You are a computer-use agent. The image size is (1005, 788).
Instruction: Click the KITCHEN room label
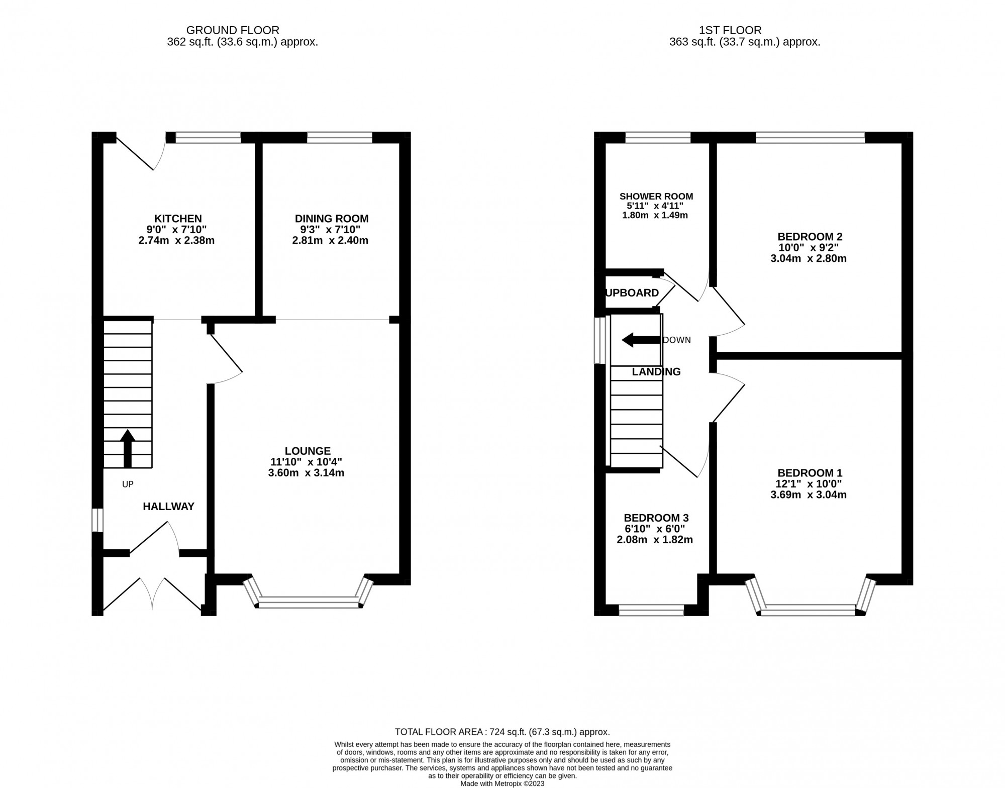[x=178, y=219]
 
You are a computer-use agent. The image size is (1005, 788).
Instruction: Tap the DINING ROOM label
[x=331, y=219]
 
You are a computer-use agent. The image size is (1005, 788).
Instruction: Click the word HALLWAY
[x=168, y=507]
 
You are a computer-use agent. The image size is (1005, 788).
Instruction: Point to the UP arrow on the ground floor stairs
[x=128, y=448]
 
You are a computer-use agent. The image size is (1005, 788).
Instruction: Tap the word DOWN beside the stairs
[x=677, y=340]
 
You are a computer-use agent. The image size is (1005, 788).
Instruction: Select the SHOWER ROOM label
[x=656, y=196]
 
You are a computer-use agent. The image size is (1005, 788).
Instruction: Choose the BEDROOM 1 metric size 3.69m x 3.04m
[x=809, y=495]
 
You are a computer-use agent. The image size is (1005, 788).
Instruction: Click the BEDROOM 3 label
[x=656, y=518]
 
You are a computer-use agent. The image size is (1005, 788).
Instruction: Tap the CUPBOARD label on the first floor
[x=632, y=293]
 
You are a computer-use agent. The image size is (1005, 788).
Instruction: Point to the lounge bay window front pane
[x=308, y=602]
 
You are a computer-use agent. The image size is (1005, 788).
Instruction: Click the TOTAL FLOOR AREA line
[x=502, y=732]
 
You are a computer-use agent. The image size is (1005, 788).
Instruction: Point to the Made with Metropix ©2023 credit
[x=502, y=783]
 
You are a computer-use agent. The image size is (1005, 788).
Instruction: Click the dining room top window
[x=340, y=138]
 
